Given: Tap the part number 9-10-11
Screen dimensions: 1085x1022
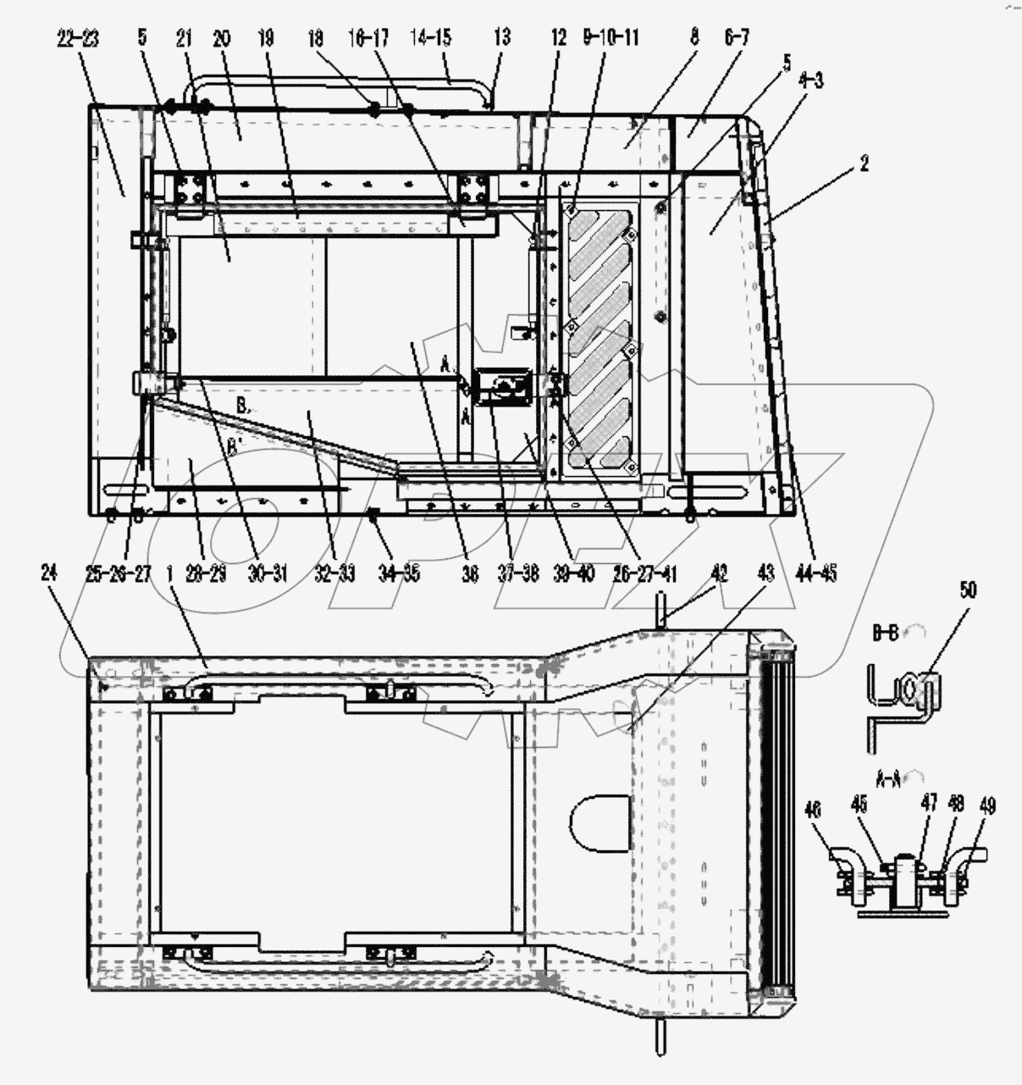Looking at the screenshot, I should [x=610, y=38].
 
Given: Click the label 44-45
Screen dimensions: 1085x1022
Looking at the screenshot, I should [x=816, y=573].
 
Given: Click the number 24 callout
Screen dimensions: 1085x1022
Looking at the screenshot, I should [x=49, y=573].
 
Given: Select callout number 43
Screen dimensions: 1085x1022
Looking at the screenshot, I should [x=765, y=573].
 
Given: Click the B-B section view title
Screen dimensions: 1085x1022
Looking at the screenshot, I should [x=887, y=632].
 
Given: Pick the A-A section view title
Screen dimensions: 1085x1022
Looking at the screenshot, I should [x=887, y=773].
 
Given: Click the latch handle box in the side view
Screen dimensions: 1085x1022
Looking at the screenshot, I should [x=505, y=390].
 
